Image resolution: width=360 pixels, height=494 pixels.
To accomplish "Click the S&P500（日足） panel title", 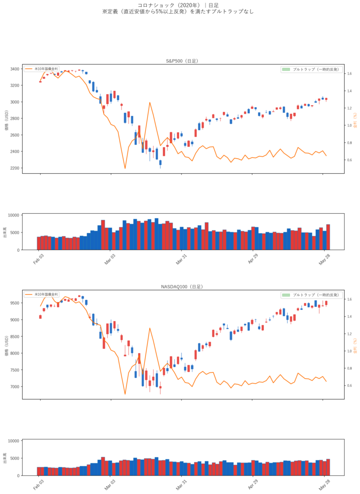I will coord(182,61).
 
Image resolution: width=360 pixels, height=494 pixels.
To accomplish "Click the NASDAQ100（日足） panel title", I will coord(182,287).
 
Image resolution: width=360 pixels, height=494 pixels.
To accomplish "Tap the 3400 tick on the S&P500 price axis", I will coord(15,69).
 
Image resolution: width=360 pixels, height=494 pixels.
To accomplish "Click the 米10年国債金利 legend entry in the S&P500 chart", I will coord(46,69).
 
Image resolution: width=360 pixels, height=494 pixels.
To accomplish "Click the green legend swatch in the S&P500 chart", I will coord(286,69).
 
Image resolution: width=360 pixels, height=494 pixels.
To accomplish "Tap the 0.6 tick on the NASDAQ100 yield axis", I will coord(349,385).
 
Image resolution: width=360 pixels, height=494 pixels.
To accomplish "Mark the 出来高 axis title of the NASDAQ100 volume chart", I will coord(5,458).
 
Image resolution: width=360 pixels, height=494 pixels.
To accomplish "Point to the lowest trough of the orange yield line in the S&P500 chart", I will coord(125,168).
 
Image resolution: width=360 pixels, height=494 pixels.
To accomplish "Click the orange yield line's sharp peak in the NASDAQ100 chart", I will coord(150,328).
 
